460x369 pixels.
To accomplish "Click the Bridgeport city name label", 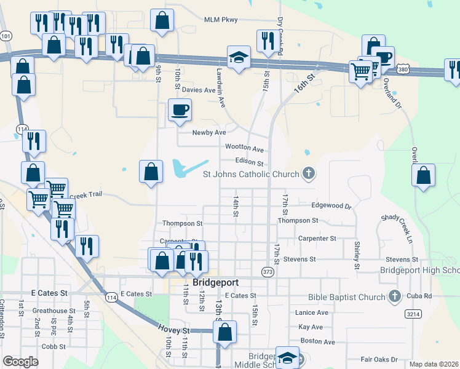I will tap(215, 284).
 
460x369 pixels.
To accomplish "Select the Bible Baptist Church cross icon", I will tap(395, 297).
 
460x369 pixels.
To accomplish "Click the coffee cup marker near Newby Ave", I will tap(180, 110).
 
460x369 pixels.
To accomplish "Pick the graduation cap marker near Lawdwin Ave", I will tap(239, 57).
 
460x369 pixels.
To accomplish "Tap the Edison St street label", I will tap(249, 163).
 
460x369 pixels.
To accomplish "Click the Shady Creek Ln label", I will tap(403, 226).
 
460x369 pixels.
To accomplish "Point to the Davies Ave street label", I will tap(199, 90).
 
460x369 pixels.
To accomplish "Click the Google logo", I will tap(20, 361).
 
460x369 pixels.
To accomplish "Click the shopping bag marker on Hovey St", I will tap(226, 332).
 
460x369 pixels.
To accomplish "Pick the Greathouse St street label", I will tap(54, 311).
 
